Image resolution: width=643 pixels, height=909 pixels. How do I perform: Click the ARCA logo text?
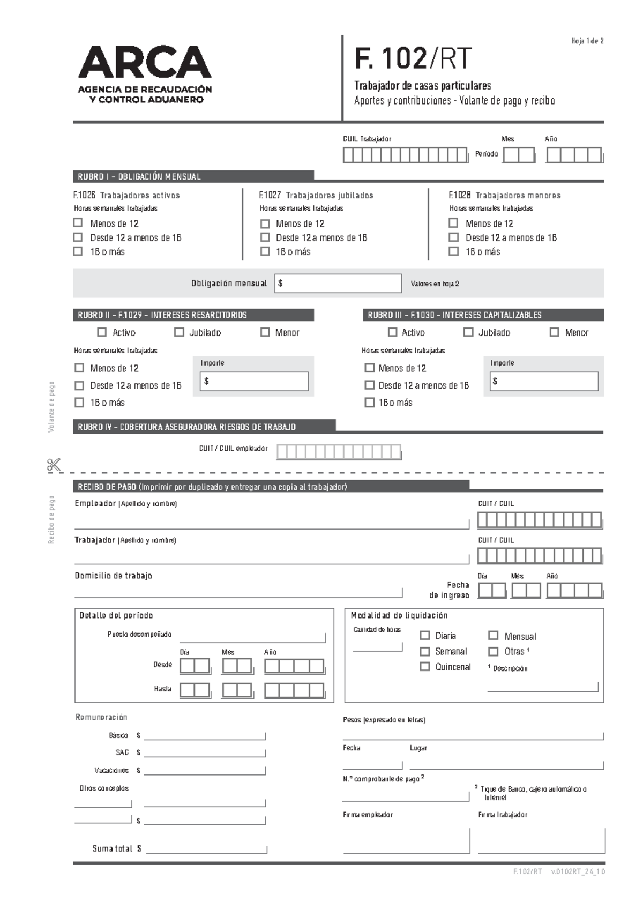coord(145,62)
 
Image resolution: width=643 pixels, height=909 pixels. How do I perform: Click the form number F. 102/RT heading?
coord(413,58)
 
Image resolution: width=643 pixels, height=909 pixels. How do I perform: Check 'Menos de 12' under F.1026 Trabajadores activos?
coord(78,223)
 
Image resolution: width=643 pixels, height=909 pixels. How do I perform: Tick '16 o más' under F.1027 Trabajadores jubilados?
coord(265,251)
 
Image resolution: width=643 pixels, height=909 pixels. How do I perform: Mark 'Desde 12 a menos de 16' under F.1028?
coord(454,237)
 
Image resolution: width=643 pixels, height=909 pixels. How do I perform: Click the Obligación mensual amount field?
coord(338,284)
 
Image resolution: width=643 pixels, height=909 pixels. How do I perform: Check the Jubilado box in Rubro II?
coord(179,332)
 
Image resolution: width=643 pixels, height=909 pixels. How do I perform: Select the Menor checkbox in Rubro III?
coord(555,332)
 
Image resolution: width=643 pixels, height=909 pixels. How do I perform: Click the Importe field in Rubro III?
coord(544,382)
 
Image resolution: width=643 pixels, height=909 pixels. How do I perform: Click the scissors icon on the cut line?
coord(54,465)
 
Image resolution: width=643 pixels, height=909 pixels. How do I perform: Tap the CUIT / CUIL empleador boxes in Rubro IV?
coord(339,452)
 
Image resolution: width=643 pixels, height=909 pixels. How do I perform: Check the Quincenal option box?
coord(425,667)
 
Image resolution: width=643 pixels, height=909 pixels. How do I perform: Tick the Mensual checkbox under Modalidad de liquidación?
coord(494,636)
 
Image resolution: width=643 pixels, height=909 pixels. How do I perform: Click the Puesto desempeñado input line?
coord(252,638)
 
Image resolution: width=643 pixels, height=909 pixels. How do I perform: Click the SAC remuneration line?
coord(205,753)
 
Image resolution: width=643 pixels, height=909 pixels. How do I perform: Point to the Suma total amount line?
coord(206,849)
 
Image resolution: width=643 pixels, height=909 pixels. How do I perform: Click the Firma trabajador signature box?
coord(541,840)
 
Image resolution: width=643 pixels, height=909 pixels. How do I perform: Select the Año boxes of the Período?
coord(574,155)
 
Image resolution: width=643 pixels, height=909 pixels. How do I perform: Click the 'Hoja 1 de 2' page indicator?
coord(587,41)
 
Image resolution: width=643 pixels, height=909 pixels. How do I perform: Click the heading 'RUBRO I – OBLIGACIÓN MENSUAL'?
coord(139,176)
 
